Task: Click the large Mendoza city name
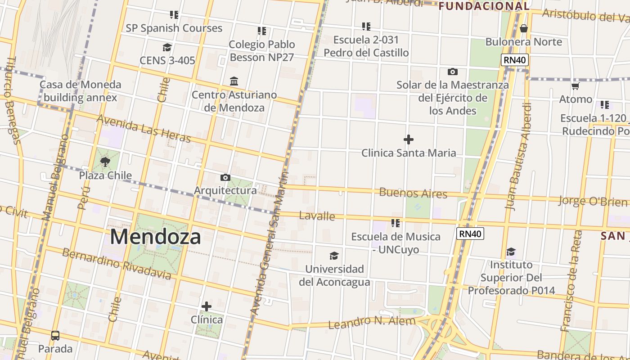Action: [155, 237]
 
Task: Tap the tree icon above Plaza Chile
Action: [105, 162]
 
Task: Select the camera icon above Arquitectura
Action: [225, 177]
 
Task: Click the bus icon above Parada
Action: [55, 335]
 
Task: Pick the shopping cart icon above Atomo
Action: [576, 86]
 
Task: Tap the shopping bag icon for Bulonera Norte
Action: [523, 28]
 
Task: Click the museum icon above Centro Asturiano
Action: [234, 81]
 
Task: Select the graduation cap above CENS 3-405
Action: [167, 47]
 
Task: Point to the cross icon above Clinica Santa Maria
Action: [409, 139]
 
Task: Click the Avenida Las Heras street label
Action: [144, 128]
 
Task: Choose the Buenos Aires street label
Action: [413, 193]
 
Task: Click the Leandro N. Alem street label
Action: [372, 322]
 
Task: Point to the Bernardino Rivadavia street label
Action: [117, 263]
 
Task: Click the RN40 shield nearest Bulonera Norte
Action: [515, 60]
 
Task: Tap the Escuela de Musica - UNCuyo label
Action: [396, 243]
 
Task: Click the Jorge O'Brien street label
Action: [593, 201]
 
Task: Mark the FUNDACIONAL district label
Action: [484, 6]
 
